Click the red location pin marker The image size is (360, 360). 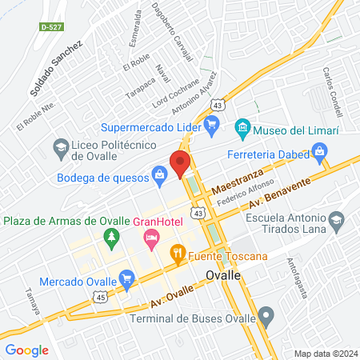pos(180,163)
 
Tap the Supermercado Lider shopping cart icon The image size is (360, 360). pos(211,125)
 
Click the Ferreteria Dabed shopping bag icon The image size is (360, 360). pos(319,150)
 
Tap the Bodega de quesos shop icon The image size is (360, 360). pos(159,174)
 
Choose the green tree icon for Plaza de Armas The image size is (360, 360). pos(112,236)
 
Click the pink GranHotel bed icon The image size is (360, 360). pos(150,238)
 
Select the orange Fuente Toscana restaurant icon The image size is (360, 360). pos(178,257)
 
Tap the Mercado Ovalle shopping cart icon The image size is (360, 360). pos(126,279)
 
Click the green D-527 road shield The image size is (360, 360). pos(50,26)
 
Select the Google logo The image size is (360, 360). pos(26,350)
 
